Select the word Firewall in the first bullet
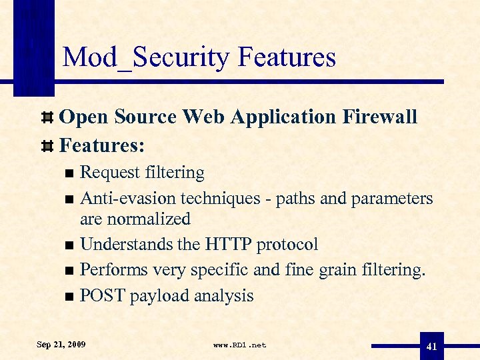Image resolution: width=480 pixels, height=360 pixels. coord(380,117)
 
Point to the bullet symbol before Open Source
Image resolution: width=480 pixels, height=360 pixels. coord(47,118)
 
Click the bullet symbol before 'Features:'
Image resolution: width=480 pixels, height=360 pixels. coord(47,145)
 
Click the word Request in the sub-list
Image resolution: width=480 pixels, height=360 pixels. coord(107,173)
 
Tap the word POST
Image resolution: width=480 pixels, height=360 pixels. coord(102,296)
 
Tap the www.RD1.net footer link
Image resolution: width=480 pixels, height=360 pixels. coord(239,345)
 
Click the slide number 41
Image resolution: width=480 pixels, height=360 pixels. coord(431,346)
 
